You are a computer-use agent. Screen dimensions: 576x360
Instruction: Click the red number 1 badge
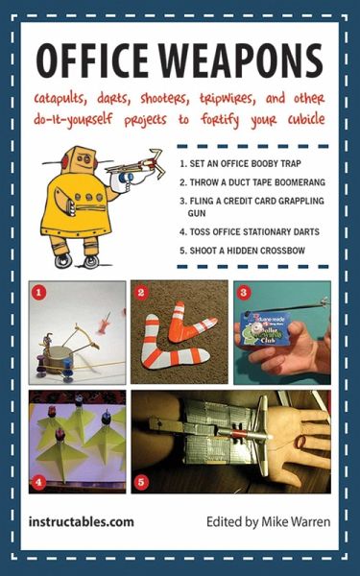click(x=39, y=289)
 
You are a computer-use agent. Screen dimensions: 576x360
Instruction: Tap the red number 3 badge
click(x=244, y=290)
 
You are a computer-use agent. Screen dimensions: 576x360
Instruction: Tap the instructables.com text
click(x=81, y=522)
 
